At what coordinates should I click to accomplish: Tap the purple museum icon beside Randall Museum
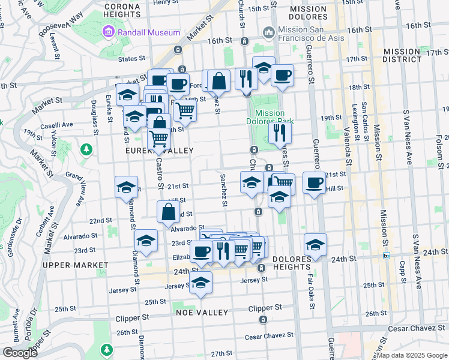(109, 32)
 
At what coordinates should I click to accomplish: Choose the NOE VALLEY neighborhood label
(202, 313)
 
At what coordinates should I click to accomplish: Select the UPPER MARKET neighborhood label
(70, 265)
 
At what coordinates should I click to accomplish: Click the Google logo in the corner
(20, 353)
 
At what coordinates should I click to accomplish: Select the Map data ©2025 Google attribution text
(412, 355)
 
